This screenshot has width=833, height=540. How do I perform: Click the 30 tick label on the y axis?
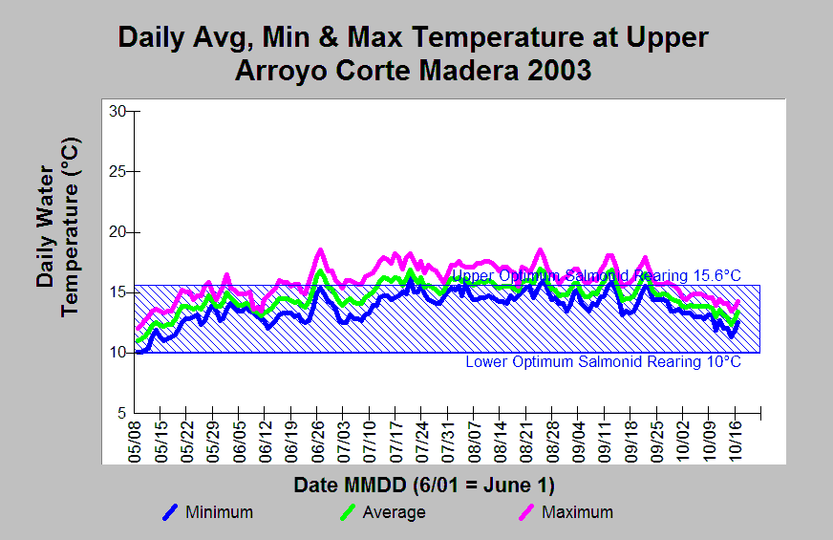[x=117, y=111]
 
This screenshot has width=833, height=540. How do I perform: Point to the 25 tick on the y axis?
[x=117, y=171]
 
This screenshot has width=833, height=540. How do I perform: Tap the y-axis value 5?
[x=121, y=413]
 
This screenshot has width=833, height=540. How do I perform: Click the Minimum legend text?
[x=220, y=512]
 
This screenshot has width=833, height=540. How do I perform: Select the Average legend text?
[x=394, y=512]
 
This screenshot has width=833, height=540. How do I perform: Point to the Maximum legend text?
[x=577, y=512]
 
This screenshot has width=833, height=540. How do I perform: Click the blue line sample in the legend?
[x=171, y=512]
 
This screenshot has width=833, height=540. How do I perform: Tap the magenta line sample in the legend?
[x=526, y=512]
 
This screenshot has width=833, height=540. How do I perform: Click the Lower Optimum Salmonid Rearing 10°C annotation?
[x=603, y=362]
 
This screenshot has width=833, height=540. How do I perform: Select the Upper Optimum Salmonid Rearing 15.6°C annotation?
[x=596, y=276]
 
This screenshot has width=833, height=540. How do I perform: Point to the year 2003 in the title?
[x=552, y=70]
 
